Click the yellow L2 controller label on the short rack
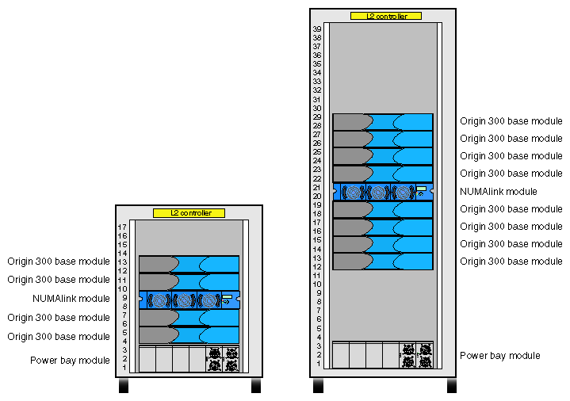coord(189,213)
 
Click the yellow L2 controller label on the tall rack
coord(385,16)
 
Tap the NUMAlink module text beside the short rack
coord(71,299)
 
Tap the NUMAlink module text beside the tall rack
coord(499,192)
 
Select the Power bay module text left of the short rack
coord(70,361)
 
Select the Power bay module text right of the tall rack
coord(500,355)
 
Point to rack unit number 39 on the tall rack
coord(317,29)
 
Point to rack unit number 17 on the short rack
coord(123,227)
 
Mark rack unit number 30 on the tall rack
coord(317,109)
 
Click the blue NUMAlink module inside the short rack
coord(189,300)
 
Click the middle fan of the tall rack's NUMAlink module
coord(379,192)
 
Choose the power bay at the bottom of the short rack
coord(189,359)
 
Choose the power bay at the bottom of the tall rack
coord(382,355)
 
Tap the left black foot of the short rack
coord(124,387)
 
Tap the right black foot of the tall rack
coord(451,385)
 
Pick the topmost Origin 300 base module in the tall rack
coord(382,121)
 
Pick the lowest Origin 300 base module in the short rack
coord(189,335)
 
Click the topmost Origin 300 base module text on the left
coord(59,261)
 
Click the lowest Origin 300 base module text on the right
coord(511,262)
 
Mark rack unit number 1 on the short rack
coord(124,368)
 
